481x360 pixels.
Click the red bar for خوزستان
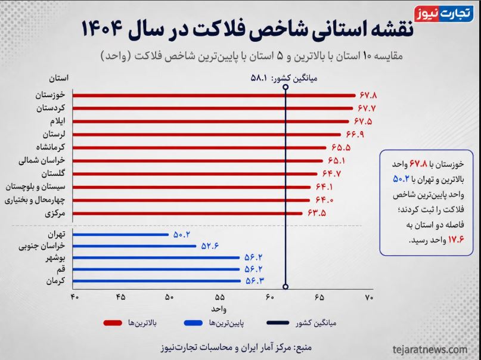pyautogui.click(x=214, y=95)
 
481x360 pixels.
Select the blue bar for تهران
pyautogui.click(x=120, y=235)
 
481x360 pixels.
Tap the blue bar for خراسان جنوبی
pyautogui.click(x=134, y=246)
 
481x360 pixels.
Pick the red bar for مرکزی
pyautogui.click(x=187, y=213)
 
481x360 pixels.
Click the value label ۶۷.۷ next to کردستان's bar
pyautogui.click(x=367, y=108)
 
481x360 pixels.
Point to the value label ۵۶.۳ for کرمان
pyautogui.click(x=255, y=281)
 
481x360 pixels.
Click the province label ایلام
pyautogui.click(x=58, y=121)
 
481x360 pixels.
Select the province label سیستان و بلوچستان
pyautogui.click(x=36, y=187)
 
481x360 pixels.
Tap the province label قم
pyautogui.click(x=61, y=269)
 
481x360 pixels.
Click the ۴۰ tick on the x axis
pyautogui.click(x=75, y=297)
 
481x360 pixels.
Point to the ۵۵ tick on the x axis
pyautogui.click(x=220, y=297)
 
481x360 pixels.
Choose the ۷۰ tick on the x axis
pyautogui.click(x=369, y=297)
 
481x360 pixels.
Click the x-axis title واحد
pyautogui.click(x=219, y=309)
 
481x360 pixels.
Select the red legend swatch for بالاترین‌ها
pyautogui.click(x=113, y=323)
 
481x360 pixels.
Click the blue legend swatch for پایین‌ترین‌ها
pyautogui.click(x=193, y=323)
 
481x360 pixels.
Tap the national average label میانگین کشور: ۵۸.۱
pyautogui.click(x=284, y=78)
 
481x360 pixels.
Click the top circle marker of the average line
pyautogui.click(x=286, y=87)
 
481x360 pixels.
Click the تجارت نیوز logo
pyautogui.click(x=444, y=14)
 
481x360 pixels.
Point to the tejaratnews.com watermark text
pyautogui.click(x=430, y=349)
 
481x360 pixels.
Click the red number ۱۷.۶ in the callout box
pyautogui.click(x=456, y=240)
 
